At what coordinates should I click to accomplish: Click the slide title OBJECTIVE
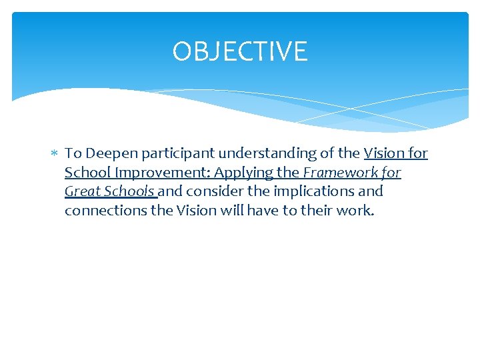240,51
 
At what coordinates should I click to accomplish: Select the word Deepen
109,154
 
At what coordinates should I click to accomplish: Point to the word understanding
256,154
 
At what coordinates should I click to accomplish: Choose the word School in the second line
85,173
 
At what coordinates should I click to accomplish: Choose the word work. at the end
358,211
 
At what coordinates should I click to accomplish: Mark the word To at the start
73,154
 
